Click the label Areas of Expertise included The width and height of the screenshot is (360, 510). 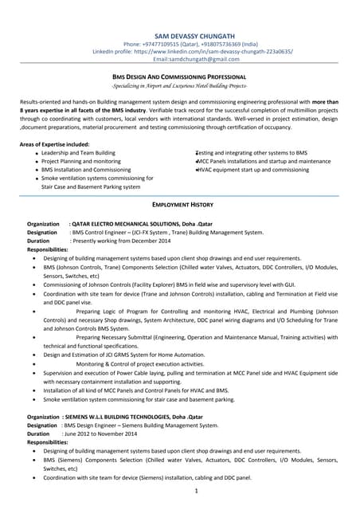[x=55, y=143]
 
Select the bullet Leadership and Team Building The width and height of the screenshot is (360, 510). [x=78, y=152]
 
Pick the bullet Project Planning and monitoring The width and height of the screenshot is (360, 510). [x=81, y=161]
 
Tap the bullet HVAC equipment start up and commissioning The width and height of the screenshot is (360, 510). [x=253, y=170]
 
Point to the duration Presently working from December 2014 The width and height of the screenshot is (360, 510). [x=119, y=241]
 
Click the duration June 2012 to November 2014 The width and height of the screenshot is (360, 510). [x=99, y=433]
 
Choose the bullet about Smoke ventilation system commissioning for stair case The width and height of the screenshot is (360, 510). [x=127, y=398]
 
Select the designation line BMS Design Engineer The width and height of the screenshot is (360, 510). [x=143, y=426]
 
